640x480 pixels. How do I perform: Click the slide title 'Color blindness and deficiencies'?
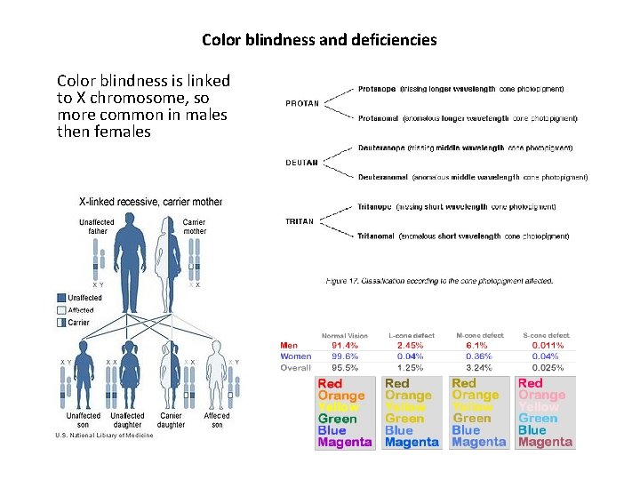319,40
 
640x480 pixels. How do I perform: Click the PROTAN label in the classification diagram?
302,103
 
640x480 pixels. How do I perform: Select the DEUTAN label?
301,163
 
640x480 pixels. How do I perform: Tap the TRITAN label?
300,221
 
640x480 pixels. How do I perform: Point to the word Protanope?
377,89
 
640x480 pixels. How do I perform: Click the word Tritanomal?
377,236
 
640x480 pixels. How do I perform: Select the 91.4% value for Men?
345,345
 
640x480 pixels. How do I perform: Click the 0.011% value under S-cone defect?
548,345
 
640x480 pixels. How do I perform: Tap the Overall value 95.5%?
345,367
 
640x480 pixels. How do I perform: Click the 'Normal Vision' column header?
346,335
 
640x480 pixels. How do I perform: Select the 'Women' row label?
295,356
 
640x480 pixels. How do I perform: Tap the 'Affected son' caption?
217,420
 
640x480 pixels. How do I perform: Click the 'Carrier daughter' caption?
172,420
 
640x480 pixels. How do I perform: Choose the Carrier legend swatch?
61,323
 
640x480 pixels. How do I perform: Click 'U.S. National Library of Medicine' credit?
104,436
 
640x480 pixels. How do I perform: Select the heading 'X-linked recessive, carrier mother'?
151,203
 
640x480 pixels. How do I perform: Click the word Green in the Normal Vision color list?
337,419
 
